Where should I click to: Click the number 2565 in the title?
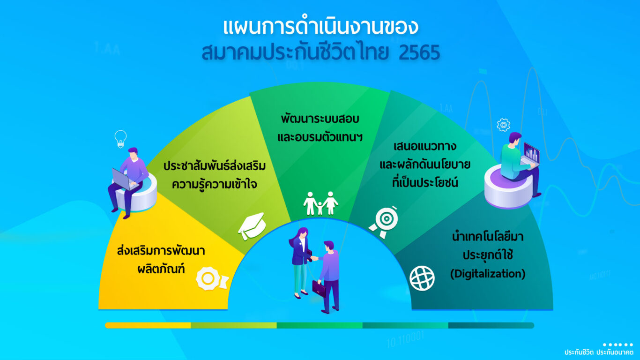click(x=419, y=52)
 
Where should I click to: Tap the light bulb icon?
click(x=120, y=139)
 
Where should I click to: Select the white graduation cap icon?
click(x=252, y=226)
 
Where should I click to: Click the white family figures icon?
click(x=320, y=203)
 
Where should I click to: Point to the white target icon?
click(x=384, y=222)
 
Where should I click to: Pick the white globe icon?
click(x=422, y=278)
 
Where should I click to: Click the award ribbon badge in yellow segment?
click(x=212, y=278)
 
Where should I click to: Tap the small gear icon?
click(x=504, y=125)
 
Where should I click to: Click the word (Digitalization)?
click(x=488, y=274)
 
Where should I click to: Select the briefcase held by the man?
click(x=319, y=288)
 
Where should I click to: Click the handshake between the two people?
click(x=314, y=258)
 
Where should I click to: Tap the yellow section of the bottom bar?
click(x=148, y=325)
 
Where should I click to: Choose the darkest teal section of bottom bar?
click(x=491, y=325)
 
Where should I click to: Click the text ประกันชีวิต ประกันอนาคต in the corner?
click(x=599, y=352)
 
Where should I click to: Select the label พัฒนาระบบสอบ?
click(x=320, y=119)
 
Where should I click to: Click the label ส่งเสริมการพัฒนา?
click(x=161, y=251)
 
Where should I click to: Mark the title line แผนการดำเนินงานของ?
click(x=320, y=27)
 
